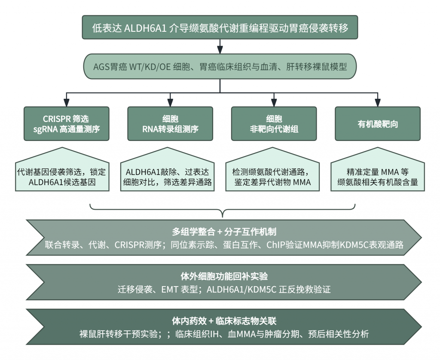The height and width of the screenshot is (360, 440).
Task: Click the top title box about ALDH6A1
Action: pos(220,27)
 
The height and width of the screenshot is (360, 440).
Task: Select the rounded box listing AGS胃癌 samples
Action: pos(220,67)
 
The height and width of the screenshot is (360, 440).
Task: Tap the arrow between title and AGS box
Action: pos(220,46)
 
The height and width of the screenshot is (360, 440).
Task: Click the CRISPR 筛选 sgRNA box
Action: pos(67,123)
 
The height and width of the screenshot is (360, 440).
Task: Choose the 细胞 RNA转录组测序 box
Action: pos(170,123)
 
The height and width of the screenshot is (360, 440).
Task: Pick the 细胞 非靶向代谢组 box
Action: pos(274,123)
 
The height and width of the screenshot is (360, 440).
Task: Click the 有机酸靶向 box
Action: pos(378,123)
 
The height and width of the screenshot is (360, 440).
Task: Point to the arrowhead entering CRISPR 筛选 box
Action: pos(67,103)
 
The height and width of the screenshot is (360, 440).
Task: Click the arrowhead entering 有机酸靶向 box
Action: pos(378,103)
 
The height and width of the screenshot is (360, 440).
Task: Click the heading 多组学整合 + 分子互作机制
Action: pos(224,232)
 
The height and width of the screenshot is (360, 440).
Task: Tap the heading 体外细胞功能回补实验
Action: pos(224,276)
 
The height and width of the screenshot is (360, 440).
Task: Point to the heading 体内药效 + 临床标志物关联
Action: pos(224,321)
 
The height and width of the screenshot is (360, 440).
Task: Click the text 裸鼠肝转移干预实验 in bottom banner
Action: pos(119,334)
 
